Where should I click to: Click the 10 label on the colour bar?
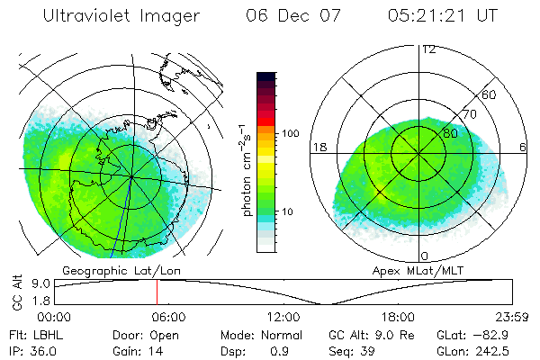(x=289, y=212)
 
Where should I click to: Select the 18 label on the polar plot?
(x=318, y=147)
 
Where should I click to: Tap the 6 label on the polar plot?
(x=524, y=147)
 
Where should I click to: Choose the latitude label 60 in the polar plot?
(x=489, y=94)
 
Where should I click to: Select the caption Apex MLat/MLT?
(x=424, y=270)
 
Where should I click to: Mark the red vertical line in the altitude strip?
(x=157, y=292)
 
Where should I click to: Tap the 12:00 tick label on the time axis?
(x=283, y=316)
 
